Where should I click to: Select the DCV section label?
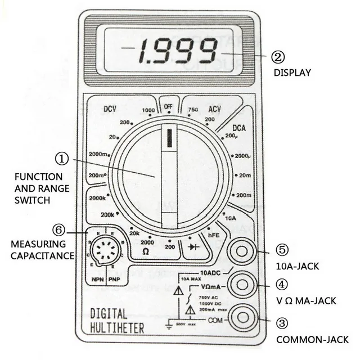pyautogui.click(x=113, y=109)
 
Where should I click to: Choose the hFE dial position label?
pyautogui.click(x=213, y=237)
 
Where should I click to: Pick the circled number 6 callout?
pyautogui.click(x=58, y=229)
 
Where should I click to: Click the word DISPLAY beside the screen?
pyautogui.click(x=292, y=73)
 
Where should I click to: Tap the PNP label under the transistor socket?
pyautogui.click(x=113, y=278)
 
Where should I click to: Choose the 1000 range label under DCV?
pyautogui.click(x=148, y=110)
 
